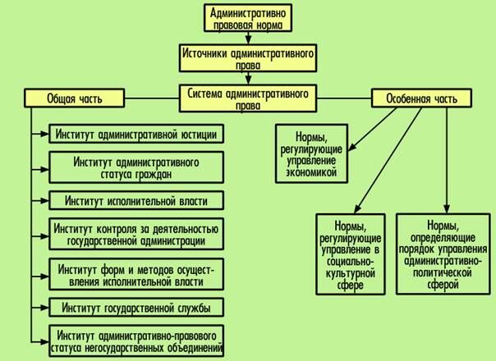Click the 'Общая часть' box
[75, 98]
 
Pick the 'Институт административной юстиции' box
[136, 134]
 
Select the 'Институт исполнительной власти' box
[136, 200]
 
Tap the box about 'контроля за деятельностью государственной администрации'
[136, 235]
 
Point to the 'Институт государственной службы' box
[136, 308]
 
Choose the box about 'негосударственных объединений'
[136, 339]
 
